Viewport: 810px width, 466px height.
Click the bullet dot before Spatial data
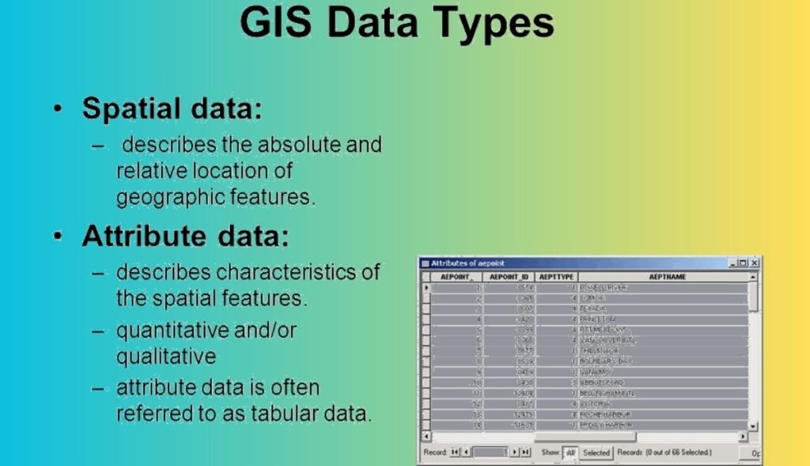pyautogui.click(x=59, y=109)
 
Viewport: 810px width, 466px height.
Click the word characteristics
pyautogui.click(x=289, y=271)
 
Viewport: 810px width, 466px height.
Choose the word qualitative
pyautogui.click(x=166, y=356)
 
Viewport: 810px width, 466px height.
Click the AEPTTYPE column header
pyautogui.click(x=555, y=277)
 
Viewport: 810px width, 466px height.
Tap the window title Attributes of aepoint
pyautogui.click(x=467, y=263)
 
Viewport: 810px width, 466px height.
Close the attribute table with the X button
pyautogui.click(x=755, y=263)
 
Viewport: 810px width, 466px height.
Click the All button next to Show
pyautogui.click(x=570, y=453)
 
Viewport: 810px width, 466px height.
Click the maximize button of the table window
pyautogui.click(x=744, y=263)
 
